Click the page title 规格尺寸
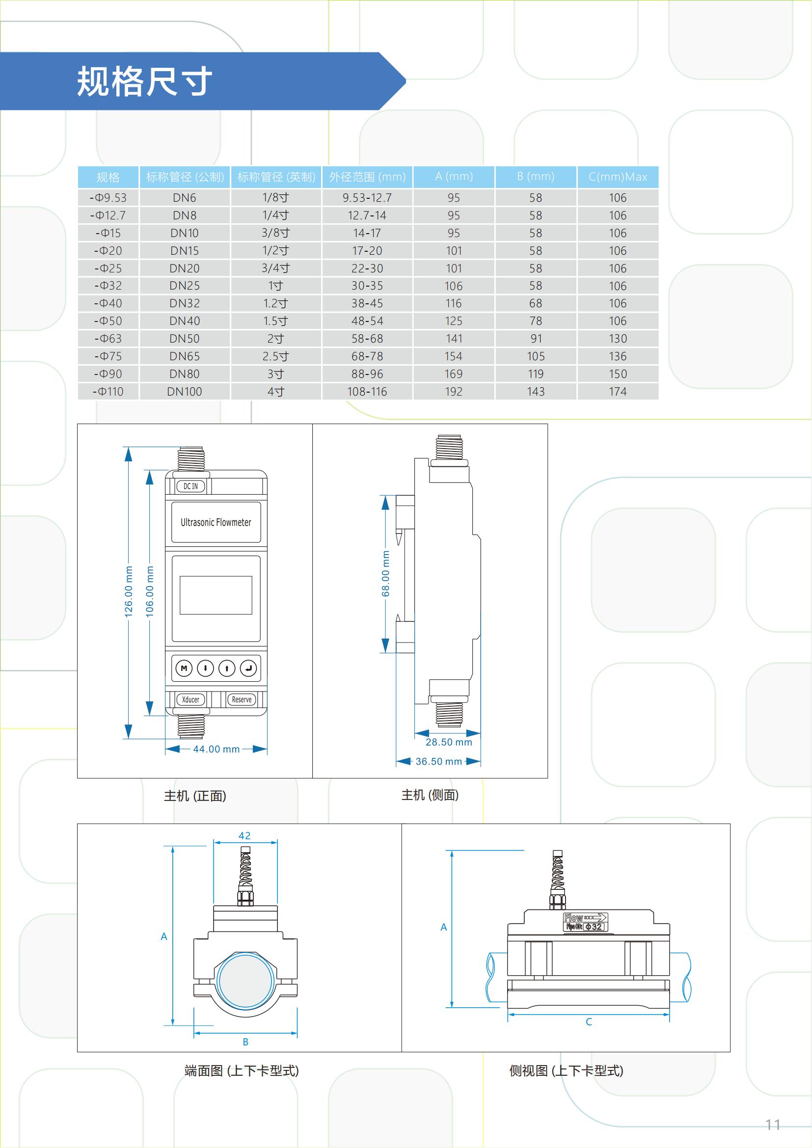coord(144,81)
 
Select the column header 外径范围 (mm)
coord(367,177)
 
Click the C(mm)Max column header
coord(618,177)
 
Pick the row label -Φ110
coord(108,392)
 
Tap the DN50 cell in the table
coord(185,339)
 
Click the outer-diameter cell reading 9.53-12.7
coord(367,198)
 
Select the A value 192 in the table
coord(454,392)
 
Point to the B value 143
coord(536,392)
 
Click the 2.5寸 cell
coord(275,356)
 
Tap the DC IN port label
coord(190,486)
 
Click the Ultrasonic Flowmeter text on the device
coord(216,523)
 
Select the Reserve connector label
coord(242,699)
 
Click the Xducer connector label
coord(190,699)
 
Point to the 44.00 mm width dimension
coord(217,749)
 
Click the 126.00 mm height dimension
coord(129,591)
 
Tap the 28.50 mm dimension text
coord(449,742)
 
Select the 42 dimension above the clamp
coord(244,835)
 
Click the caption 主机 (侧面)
coord(430,795)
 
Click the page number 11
coord(773,1124)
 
